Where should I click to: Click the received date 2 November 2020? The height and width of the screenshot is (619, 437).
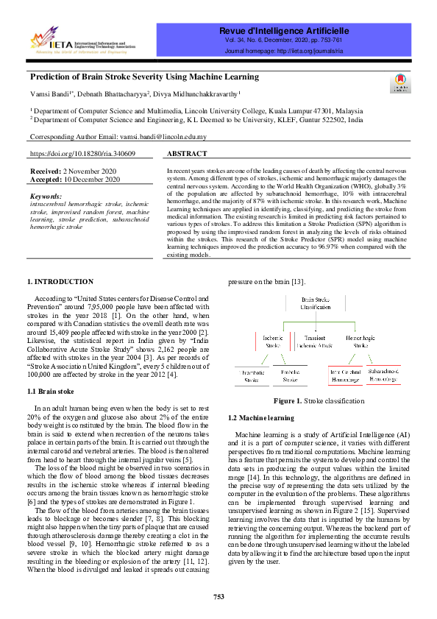(x=85, y=171)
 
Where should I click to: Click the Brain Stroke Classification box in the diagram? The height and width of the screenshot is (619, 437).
(x=315, y=303)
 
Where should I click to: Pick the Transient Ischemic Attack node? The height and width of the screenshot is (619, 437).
(x=315, y=341)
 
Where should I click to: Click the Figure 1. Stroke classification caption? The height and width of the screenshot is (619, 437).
(x=319, y=401)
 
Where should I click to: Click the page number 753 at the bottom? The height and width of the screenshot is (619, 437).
(x=218, y=596)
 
